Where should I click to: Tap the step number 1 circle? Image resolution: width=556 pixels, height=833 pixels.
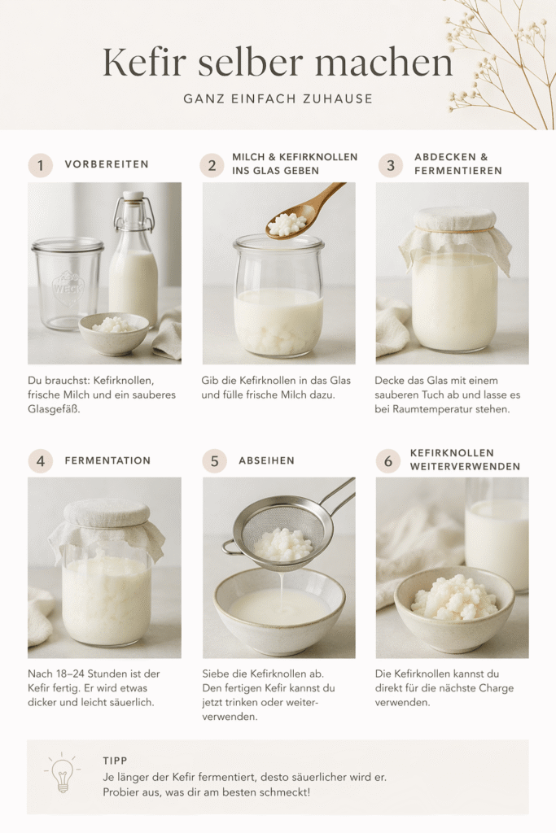[40, 165]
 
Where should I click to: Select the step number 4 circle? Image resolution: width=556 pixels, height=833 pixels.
[40, 460]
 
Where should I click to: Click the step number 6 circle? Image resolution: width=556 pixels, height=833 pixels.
[387, 460]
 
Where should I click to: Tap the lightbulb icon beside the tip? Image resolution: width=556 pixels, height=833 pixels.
[63, 775]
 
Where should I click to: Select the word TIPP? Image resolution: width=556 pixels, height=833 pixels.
[115, 760]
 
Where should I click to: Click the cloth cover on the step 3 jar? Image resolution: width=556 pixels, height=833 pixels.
[454, 229]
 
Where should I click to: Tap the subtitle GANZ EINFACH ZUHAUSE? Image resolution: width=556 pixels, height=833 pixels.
[278, 99]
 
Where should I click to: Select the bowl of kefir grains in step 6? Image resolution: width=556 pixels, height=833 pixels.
[453, 606]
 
